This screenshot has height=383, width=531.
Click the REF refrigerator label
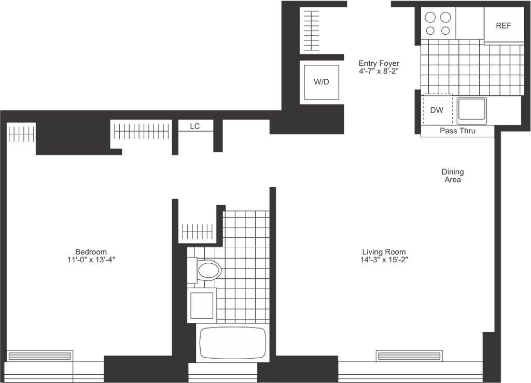tap(503, 26)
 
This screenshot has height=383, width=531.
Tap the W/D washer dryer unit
tap(322, 82)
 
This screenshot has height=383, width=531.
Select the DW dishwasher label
tap(437, 110)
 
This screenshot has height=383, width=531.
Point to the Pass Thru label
tap(457, 131)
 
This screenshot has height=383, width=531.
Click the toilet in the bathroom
tap(205, 271)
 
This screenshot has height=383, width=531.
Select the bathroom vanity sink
tap(202, 305)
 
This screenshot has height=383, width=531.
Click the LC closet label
tap(195, 126)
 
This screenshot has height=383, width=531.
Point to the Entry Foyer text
tap(379, 63)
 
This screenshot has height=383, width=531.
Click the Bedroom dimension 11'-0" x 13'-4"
tap(91, 260)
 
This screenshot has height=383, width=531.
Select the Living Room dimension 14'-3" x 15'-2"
tap(384, 260)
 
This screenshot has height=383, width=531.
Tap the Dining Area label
tap(453, 176)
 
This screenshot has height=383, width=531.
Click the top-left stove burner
tap(430, 17)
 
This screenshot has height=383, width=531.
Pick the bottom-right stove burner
tap(445, 31)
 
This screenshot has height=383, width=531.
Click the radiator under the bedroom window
tap(39, 356)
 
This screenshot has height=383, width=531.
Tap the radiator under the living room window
tap(409, 356)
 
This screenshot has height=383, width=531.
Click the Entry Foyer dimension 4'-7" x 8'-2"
tap(379, 72)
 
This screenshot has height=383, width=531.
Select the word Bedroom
tap(91, 252)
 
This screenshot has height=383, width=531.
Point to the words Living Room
tap(384, 252)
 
